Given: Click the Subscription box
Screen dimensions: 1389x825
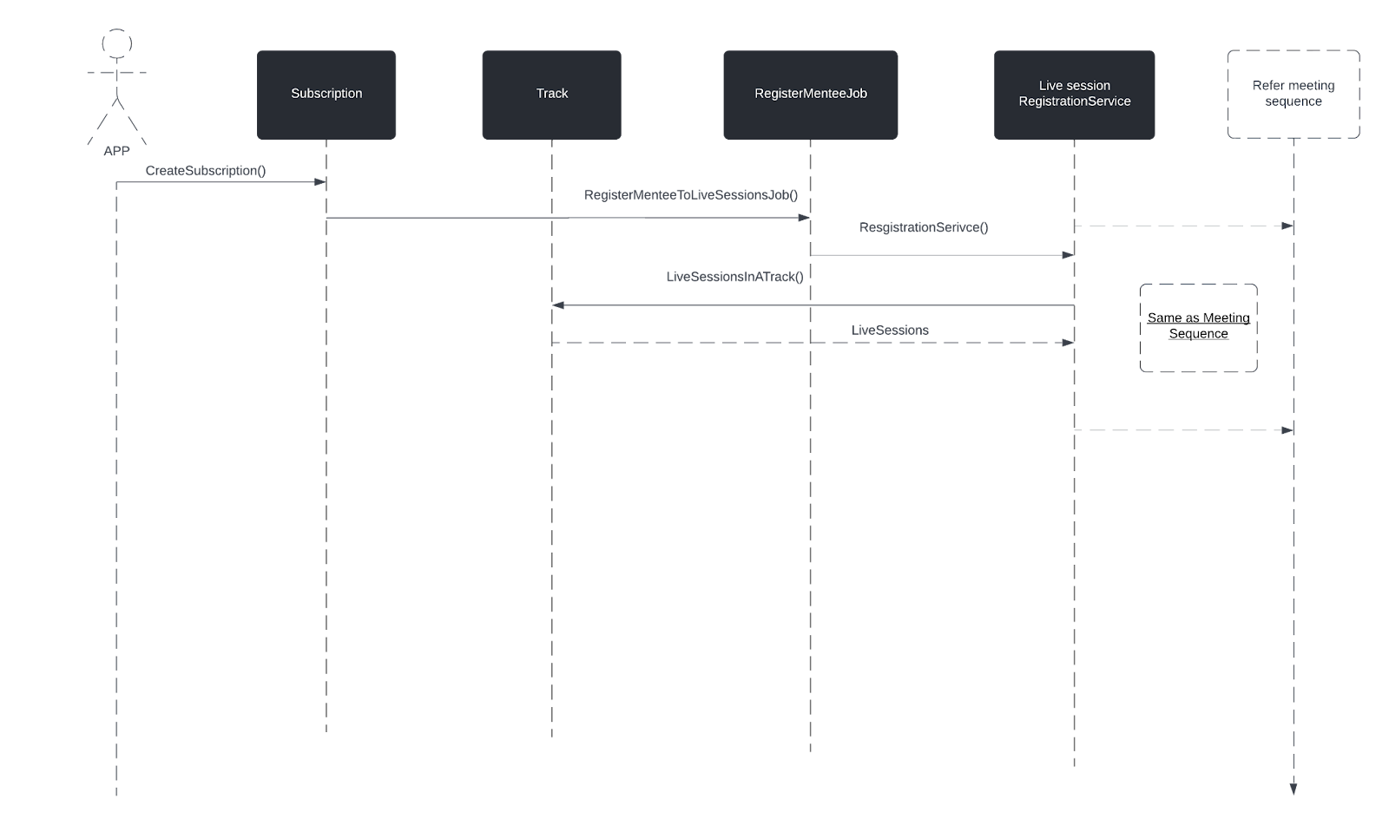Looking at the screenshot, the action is click(x=326, y=95).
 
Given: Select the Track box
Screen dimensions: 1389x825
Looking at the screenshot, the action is click(x=552, y=95).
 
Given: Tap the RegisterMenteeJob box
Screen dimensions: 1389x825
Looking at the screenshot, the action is click(x=811, y=95).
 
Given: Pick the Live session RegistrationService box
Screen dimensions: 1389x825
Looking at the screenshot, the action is click(x=1075, y=95).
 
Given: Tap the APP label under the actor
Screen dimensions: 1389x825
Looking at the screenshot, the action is click(x=116, y=151).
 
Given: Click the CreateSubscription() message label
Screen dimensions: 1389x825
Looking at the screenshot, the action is click(x=206, y=171).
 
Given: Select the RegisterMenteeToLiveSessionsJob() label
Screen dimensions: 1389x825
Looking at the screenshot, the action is click(x=691, y=195).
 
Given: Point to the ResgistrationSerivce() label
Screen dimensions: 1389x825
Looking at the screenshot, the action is click(x=924, y=227).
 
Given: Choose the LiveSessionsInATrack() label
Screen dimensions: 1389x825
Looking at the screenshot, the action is click(x=734, y=277).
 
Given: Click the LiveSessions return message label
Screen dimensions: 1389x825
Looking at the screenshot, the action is click(x=890, y=331).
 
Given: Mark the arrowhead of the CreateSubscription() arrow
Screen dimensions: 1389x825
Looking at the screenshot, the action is click(x=320, y=182).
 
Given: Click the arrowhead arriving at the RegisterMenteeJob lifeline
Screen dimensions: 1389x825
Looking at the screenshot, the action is click(x=804, y=218).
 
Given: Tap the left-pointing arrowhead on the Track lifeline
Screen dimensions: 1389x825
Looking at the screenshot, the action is click(x=558, y=305).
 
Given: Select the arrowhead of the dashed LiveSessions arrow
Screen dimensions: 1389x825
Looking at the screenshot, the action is click(x=1069, y=343).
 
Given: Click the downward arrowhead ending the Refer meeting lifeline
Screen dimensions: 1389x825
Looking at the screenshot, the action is click(x=1294, y=789).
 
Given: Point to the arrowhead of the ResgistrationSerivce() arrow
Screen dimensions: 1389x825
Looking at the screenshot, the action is click(x=1069, y=255).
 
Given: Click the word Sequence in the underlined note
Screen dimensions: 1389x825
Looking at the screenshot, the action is click(x=1199, y=334).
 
